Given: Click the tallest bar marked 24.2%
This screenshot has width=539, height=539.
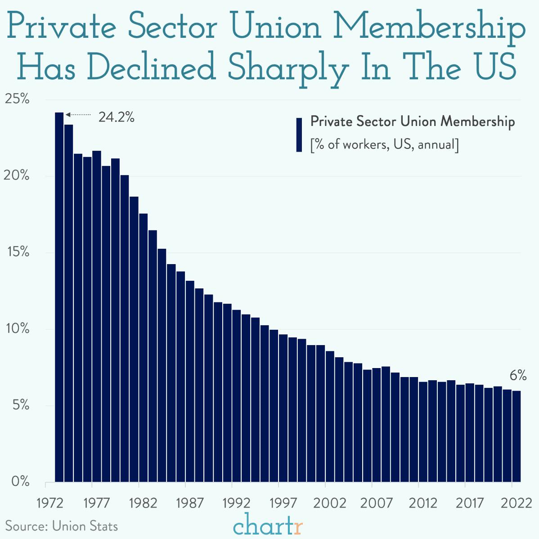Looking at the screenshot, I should click(x=59, y=297).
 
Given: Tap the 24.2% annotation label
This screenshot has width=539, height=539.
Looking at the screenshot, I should click(x=117, y=117).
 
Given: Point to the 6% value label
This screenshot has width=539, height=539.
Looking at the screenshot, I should click(x=518, y=376).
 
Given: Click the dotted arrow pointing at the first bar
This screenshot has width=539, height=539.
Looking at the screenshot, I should click(x=78, y=115).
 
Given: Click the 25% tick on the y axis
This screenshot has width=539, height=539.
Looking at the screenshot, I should click(x=17, y=99).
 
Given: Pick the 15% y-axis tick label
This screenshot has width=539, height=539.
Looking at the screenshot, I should click(x=17, y=252).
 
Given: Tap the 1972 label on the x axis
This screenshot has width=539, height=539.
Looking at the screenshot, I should click(x=50, y=503).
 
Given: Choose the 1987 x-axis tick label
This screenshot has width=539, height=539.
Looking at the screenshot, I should click(x=189, y=503).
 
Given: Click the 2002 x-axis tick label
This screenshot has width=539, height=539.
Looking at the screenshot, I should click(x=329, y=503).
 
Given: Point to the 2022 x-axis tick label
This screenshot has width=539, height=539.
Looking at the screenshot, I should click(x=517, y=503).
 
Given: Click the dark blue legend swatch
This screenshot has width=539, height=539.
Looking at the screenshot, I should click(x=299, y=135).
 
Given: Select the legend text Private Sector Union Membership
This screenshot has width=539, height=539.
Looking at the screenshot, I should click(x=413, y=121).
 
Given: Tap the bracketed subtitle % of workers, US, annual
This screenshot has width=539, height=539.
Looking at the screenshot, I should click(x=385, y=145).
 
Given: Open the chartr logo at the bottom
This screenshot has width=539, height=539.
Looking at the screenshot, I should click(x=269, y=526).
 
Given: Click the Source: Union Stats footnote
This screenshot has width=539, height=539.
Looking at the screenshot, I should click(x=62, y=526).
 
